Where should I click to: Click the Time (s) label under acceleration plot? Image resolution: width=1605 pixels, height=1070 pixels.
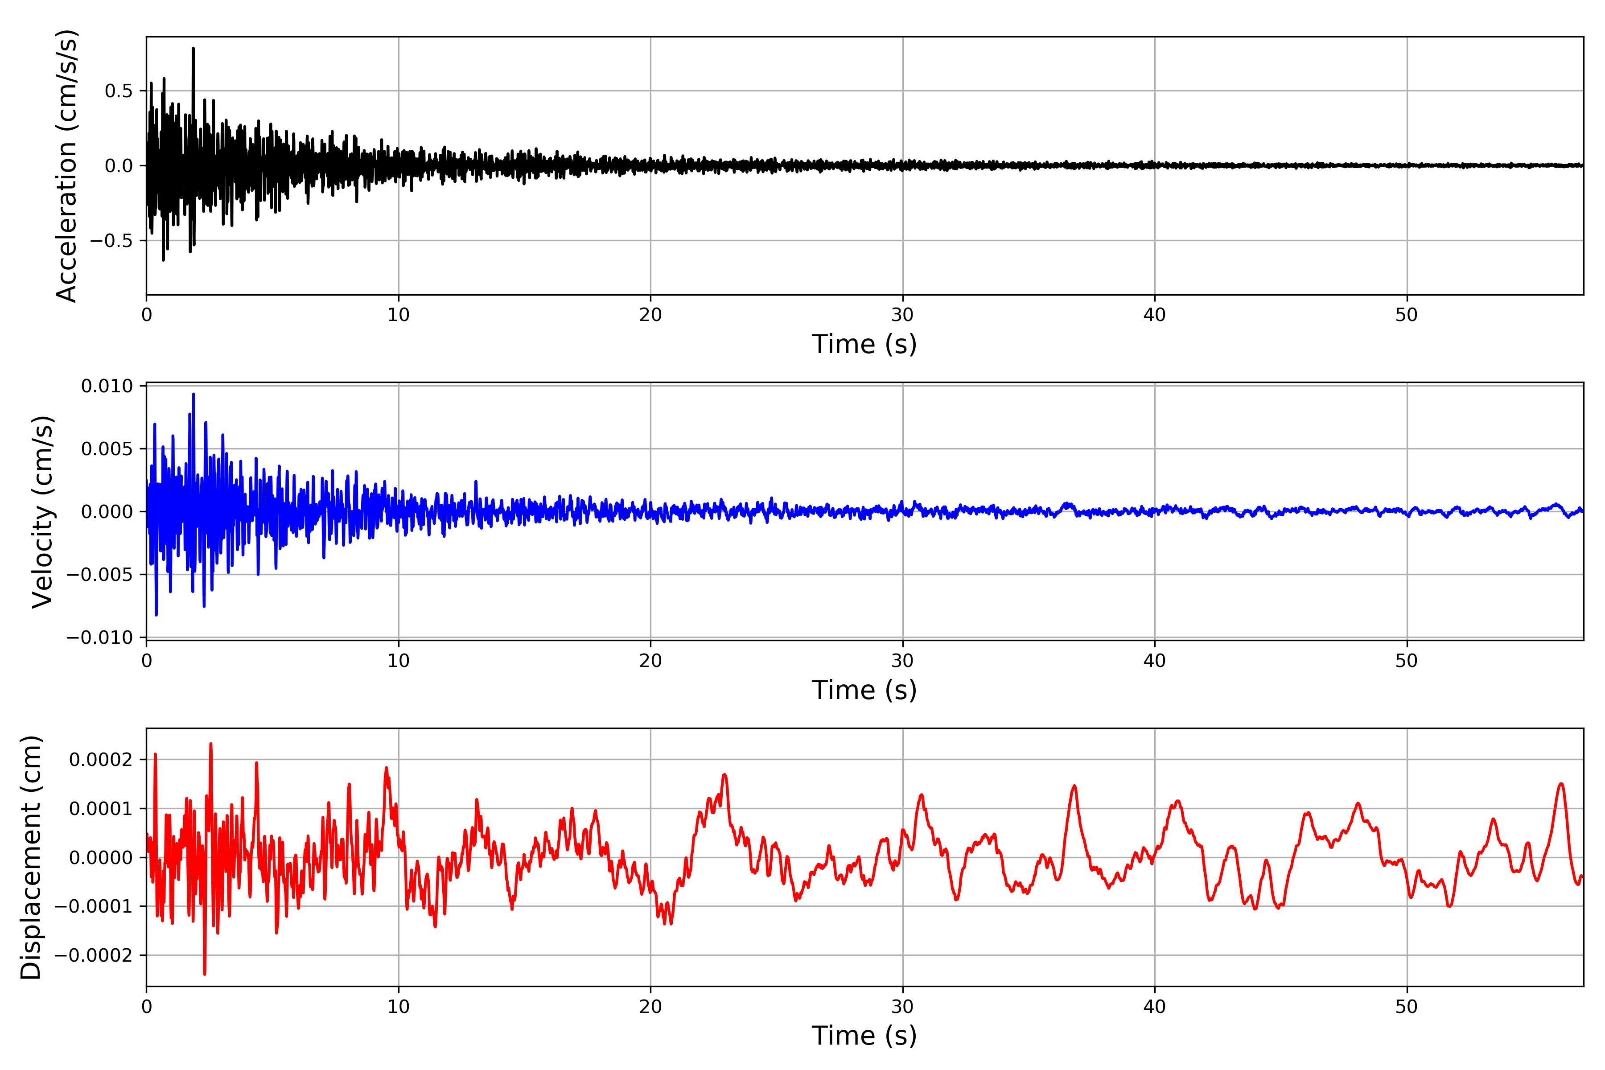pyautogui.click(x=864, y=344)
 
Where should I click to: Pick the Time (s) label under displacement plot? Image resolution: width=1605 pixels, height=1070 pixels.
pyautogui.click(x=864, y=1035)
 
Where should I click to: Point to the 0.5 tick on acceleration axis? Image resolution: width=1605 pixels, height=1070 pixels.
pyautogui.click(x=119, y=91)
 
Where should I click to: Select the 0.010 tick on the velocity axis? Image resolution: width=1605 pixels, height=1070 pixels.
pyautogui.click(x=107, y=386)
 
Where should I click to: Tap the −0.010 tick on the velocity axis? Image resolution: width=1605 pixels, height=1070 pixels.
pyautogui.click(x=99, y=638)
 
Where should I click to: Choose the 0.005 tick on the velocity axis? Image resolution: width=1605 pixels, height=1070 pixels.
pyautogui.click(x=107, y=449)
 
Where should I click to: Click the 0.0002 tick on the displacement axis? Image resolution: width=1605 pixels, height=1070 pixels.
pyautogui.click(x=101, y=760)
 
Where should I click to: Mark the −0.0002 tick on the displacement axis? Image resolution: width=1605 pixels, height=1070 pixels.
pyautogui.click(x=94, y=955)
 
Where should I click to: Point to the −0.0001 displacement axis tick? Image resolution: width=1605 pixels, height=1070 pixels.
pyautogui.click(x=94, y=906)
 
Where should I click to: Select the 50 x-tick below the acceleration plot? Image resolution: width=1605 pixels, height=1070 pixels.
pyautogui.click(x=1407, y=315)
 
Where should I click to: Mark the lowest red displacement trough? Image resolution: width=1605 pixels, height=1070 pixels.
pyautogui.click(x=204, y=974)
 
